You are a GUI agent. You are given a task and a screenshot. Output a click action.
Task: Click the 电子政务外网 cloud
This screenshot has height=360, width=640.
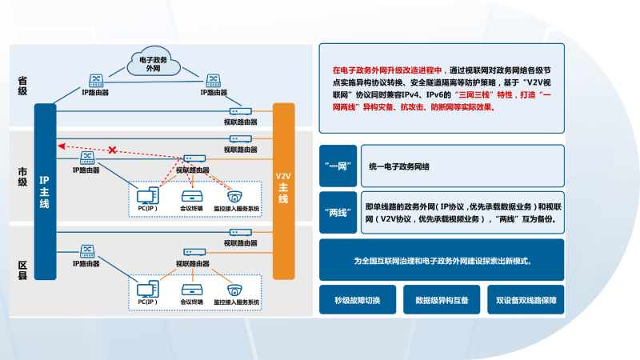click(154, 64)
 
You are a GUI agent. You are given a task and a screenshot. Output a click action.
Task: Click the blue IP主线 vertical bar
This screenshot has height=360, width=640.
click(45, 192)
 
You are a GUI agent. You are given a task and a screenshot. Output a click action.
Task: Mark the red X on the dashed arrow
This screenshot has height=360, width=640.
click(113, 150)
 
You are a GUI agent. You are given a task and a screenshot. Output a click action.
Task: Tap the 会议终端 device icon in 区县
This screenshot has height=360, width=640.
click(190, 289)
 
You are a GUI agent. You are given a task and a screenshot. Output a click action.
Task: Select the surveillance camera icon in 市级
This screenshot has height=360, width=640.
click(234, 196)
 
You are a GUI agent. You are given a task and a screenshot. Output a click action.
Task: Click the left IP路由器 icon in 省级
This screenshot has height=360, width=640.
click(96, 80)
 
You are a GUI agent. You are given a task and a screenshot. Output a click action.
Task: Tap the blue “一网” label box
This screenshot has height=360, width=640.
click(336, 166)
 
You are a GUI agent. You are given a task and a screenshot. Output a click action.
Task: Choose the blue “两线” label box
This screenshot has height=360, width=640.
click(336, 212)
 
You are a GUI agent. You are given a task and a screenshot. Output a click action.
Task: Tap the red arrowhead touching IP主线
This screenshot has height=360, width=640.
click(59, 146)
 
